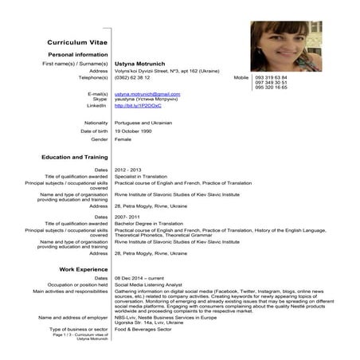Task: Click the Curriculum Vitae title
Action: point(76,41)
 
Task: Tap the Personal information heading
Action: point(78,53)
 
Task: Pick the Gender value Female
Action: point(123,139)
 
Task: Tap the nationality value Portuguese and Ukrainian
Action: point(148,122)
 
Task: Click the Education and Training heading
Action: point(75,157)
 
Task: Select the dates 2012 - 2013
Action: point(127,170)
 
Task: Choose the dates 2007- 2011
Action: point(127,217)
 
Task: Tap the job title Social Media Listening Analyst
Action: point(153,284)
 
